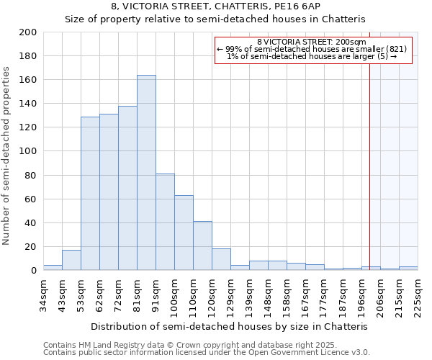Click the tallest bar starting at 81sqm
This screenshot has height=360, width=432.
coord(146,173)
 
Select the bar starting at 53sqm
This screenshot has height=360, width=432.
coord(90,194)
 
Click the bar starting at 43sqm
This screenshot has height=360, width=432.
coord(71,260)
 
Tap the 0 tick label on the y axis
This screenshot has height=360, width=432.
coord(34,271)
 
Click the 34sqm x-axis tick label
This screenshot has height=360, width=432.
coord(43,292)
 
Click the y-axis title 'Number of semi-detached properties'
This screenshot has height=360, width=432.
coord(7,156)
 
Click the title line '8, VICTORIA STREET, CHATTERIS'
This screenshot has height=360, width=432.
coord(215,6)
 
